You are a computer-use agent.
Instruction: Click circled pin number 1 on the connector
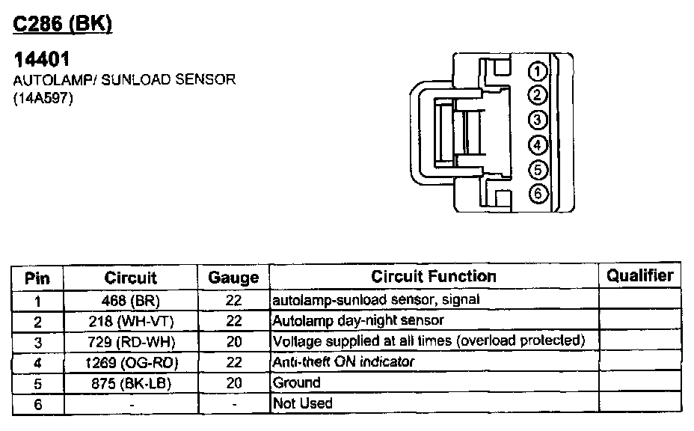[538, 71]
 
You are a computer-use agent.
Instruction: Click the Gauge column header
[233, 278]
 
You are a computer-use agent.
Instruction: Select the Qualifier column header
[639, 275]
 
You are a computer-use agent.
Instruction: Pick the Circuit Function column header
[434, 276]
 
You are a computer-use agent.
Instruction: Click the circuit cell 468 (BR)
[131, 300]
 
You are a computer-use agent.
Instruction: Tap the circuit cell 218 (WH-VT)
[131, 321]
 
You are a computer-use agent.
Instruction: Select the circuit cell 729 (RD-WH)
[131, 341]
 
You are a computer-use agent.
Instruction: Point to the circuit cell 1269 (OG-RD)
[131, 362]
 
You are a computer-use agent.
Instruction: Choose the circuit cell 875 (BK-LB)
[131, 382]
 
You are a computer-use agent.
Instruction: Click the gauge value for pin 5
[233, 382]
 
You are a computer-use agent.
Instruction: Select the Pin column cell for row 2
[37, 321]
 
